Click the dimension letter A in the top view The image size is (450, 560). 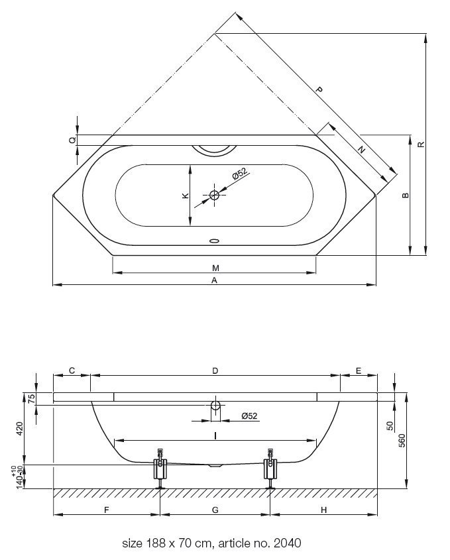214,280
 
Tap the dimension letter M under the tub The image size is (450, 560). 215,268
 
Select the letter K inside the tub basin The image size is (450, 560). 186,196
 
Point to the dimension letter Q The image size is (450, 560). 72,140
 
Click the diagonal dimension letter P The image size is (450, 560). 319,89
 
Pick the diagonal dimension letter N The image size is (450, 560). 362,150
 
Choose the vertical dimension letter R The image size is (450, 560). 422,144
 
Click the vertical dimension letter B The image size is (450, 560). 406,196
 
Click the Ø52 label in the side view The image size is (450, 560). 249,416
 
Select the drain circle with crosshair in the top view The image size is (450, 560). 214,195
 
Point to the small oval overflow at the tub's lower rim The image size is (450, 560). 214,241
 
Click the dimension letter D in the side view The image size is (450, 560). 215,370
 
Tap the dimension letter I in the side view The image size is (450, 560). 215,435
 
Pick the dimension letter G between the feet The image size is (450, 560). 215,510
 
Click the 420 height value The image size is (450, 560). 20,429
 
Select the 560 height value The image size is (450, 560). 402,441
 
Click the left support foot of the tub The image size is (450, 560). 160,469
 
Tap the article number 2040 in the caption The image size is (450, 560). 288,543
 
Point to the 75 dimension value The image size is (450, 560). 31,398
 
